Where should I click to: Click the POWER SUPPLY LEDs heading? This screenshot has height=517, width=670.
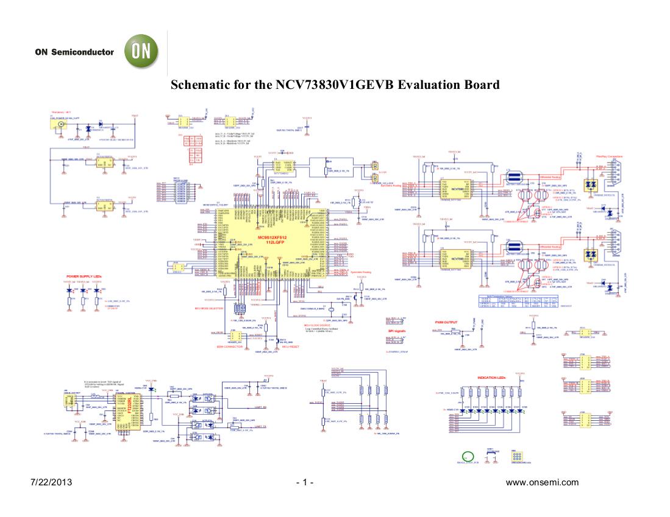pos(83,276)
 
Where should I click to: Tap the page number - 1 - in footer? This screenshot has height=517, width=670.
pos(304,483)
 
